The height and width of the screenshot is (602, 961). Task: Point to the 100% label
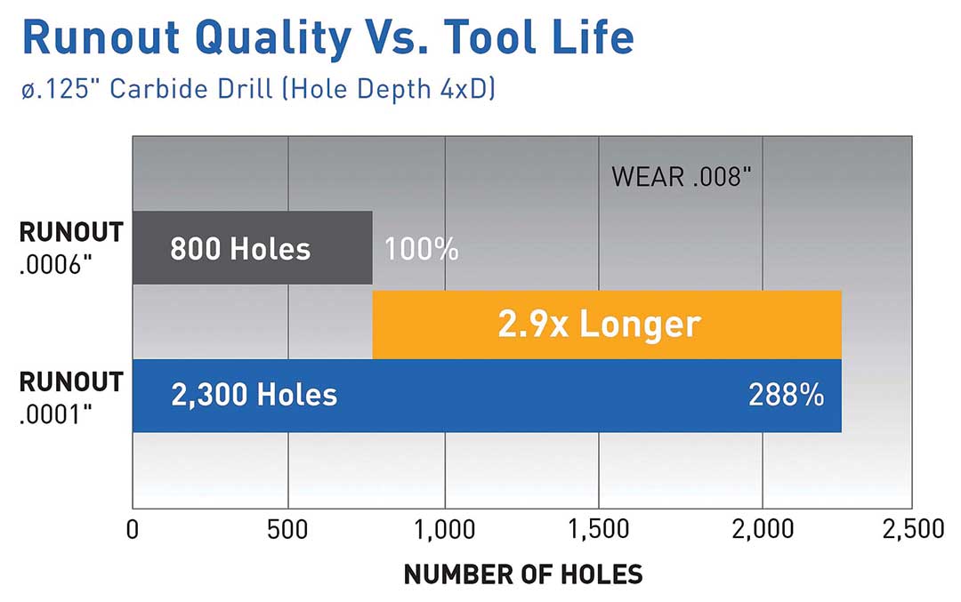(x=421, y=249)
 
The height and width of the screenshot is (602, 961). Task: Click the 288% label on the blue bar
(x=786, y=395)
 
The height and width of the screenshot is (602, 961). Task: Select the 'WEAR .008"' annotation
(x=682, y=176)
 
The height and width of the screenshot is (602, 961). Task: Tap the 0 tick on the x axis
(x=133, y=530)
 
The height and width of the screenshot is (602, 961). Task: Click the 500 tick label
(x=288, y=530)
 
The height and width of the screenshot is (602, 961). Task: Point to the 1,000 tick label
(x=443, y=530)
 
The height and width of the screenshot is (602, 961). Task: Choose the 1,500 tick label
(x=599, y=530)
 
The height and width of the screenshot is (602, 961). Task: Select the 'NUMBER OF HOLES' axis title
(x=522, y=574)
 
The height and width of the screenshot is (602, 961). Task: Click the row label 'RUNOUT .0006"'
(x=70, y=248)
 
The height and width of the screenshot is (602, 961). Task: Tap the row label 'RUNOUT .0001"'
(x=70, y=396)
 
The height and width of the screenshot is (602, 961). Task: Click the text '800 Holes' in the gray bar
(x=240, y=249)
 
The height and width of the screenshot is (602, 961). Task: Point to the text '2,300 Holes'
(x=254, y=395)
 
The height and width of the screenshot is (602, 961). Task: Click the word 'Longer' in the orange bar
(x=640, y=325)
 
